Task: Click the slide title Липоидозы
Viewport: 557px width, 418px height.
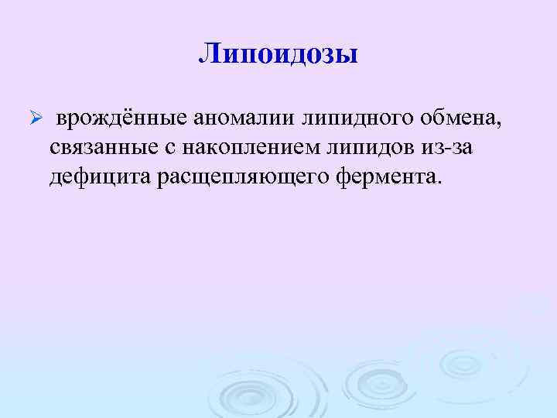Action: (x=278, y=54)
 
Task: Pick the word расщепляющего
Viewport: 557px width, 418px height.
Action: (x=244, y=176)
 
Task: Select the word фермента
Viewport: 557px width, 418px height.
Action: (x=386, y=176)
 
